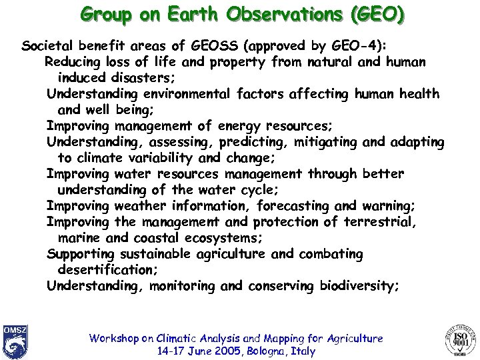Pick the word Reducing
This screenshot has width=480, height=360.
pyautogui.click(x=73, y=62)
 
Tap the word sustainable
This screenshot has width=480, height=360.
pyautogui.click(x=155, y=254)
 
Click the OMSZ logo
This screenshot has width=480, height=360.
pyautogui.click(x=15, y=341)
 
